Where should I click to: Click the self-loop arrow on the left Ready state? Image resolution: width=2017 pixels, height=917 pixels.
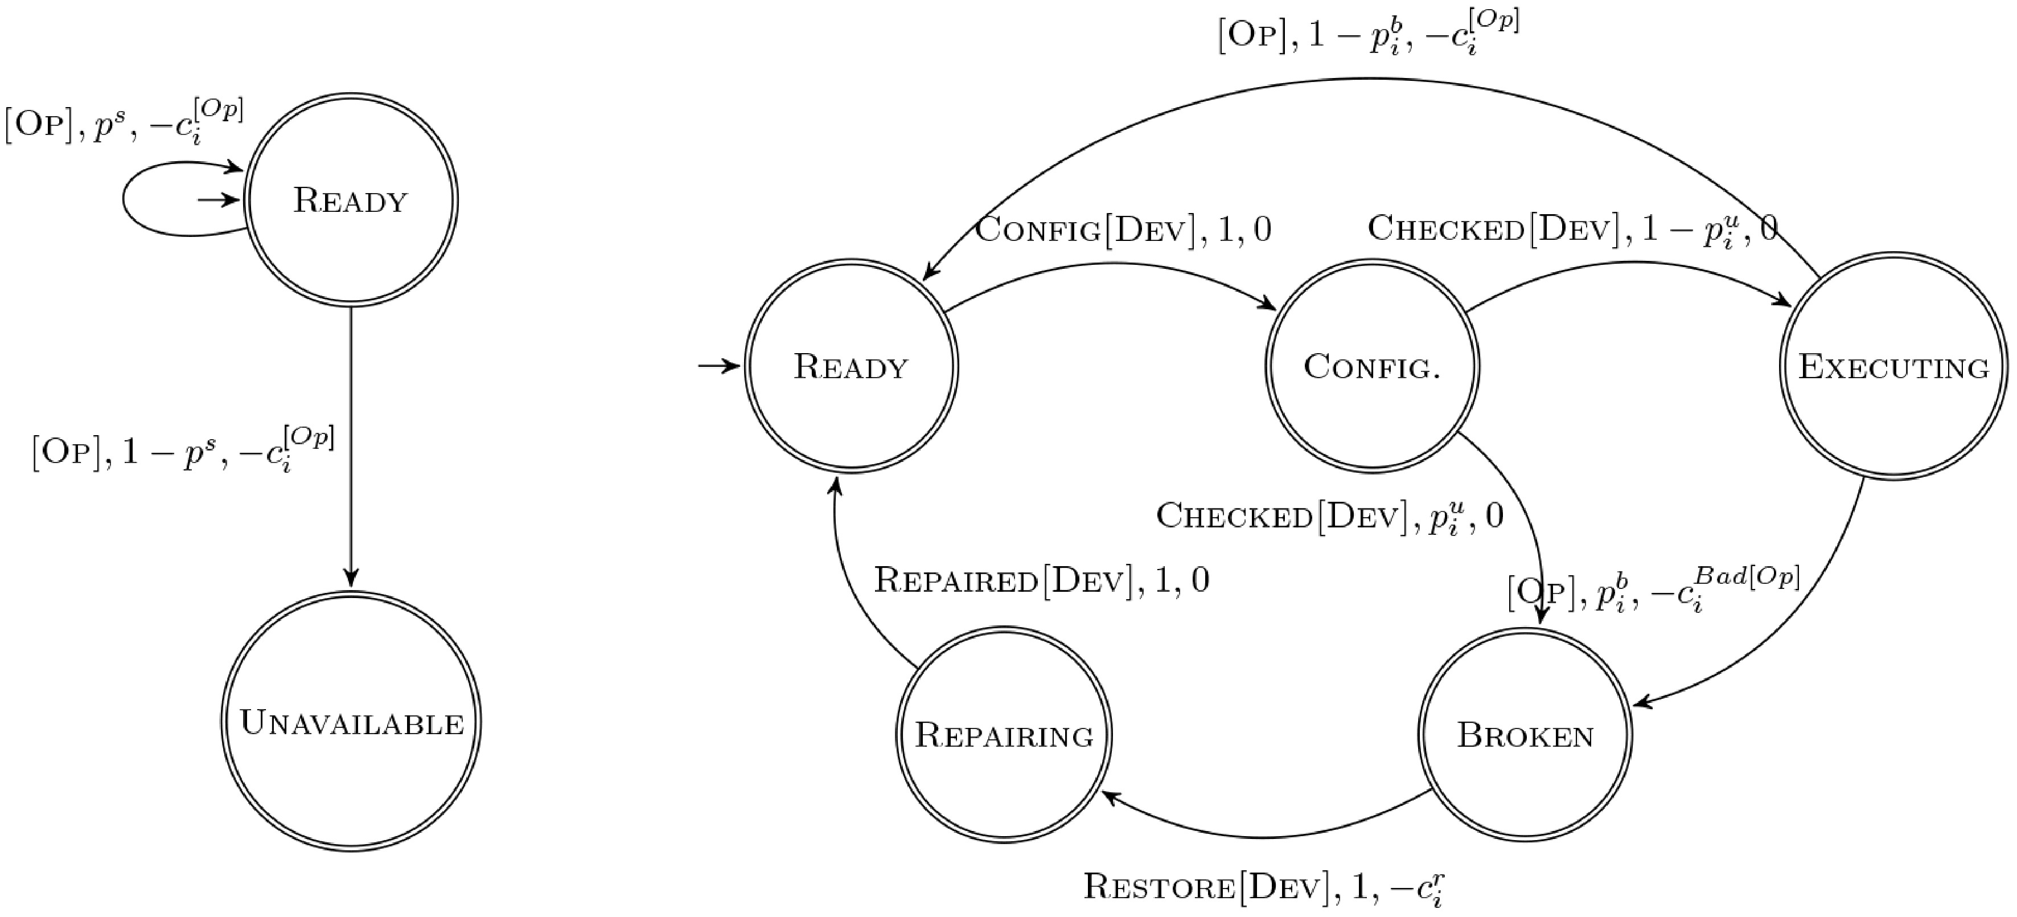tap(124, 200)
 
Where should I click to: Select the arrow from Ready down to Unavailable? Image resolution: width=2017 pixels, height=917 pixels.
tap(351, 447)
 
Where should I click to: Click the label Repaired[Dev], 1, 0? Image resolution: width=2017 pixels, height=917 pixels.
tap(1041, 580)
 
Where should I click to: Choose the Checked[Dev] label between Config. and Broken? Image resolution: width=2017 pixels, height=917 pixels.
tap(1329, 517)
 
